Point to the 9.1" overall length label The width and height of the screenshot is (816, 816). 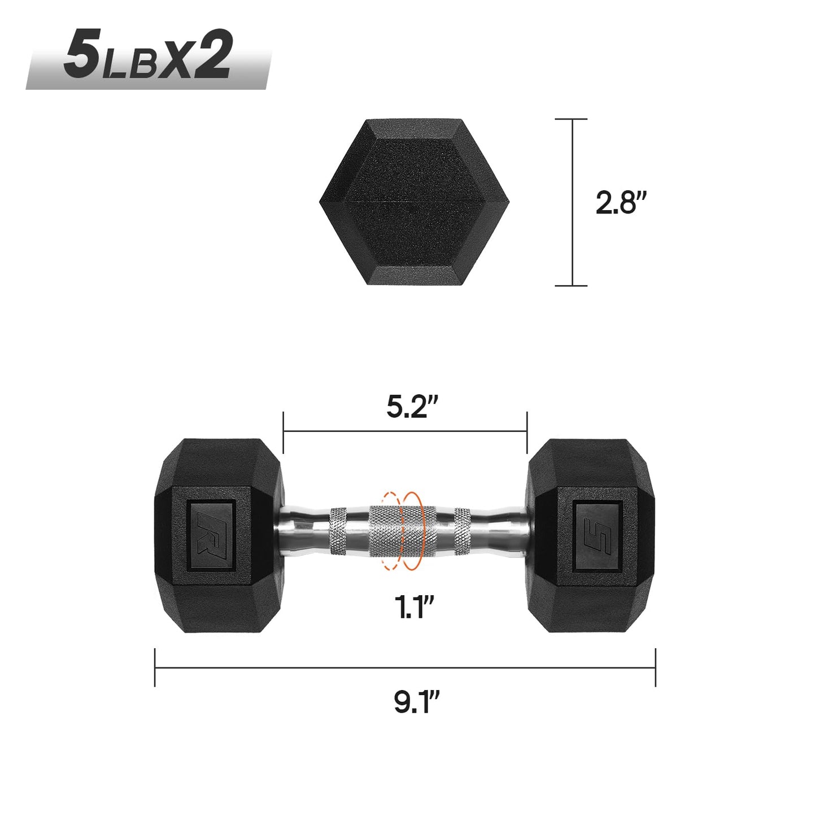(416, 702)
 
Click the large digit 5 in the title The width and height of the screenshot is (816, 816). (82, 55)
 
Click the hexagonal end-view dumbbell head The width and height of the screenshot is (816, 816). (414, 202)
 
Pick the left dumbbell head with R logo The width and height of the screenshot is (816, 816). (218, 535)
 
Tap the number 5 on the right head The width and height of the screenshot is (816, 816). (597, 535)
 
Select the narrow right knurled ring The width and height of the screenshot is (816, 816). (462, 531)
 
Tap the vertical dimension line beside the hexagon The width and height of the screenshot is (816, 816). (573, 202)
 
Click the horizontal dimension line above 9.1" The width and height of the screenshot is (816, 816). (405, 667)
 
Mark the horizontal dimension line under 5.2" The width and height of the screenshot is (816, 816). (405, 431)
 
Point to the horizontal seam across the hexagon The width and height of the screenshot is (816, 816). (414, 200)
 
